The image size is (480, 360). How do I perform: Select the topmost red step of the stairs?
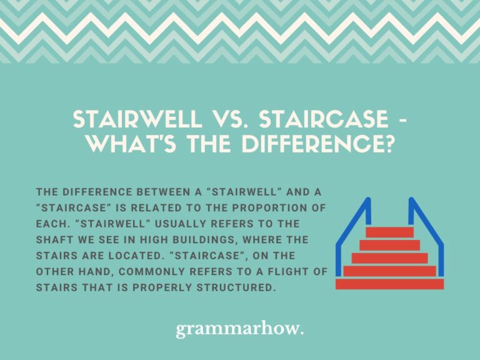coord(389,232)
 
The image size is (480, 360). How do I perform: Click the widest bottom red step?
coord(389,284)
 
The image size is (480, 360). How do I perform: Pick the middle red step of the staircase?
coord(389,258)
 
